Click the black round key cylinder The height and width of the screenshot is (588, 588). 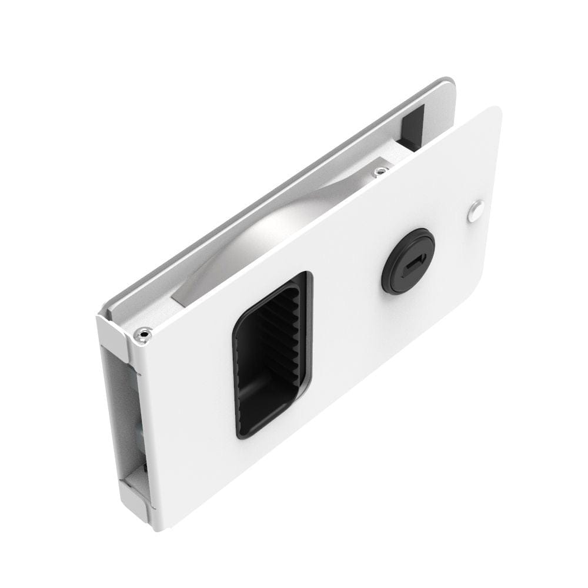tap(408, 261)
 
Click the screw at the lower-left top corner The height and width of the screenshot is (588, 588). tap(142, 335)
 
